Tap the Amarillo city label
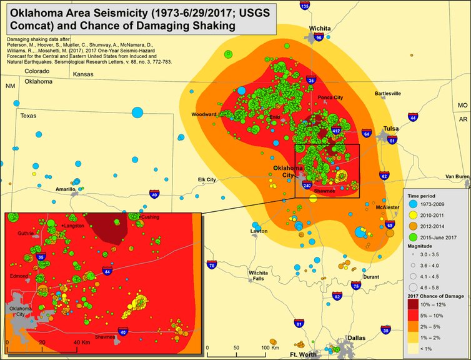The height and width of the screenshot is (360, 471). (x=66, y=188)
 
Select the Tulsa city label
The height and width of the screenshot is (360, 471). (x=391, y=129)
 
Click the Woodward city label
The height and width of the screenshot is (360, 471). (x=204, y=115)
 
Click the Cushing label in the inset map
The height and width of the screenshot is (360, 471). (x=151, y=217)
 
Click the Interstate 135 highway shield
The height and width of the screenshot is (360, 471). (x=304, y=6)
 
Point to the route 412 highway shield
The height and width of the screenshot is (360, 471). (x=335, y=131)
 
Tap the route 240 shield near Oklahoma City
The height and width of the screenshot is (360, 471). (x=307, y=186)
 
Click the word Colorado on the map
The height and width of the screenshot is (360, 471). (x=37, y=71)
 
